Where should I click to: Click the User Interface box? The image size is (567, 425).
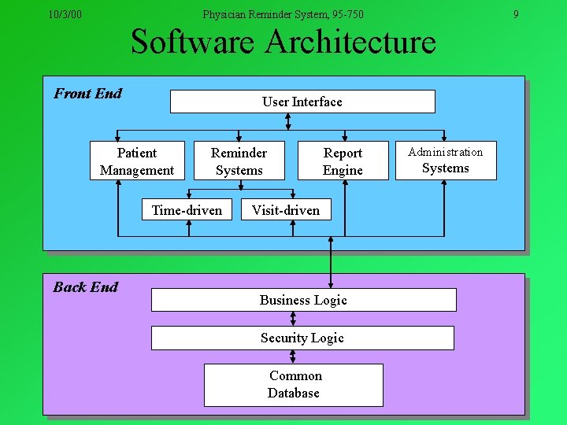pyautogui.click(x=302, y=102)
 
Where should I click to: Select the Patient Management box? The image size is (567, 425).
pyautogui.click(x=137, y=161)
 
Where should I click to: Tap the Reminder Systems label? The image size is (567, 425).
pyautogui.click(x=239, y=161)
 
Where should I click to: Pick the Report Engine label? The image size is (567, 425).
pyautogui.click(x=343, y=161)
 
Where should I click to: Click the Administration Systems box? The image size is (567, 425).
pyautogui.click(x=446, y=160)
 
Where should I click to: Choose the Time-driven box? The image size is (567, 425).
pyautogui.click(x=187, y=210)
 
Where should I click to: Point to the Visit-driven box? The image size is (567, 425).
pyautogui.click(x=286, y=210)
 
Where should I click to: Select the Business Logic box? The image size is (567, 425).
pyautogui.click(x=303, y=300)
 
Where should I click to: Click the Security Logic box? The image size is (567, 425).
pyautogui.click(x=302, y=338)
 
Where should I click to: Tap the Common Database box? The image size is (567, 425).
pyautogui.click(x=294, y=385)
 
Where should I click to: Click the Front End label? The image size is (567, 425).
pyautogui.click(x=87, y=94)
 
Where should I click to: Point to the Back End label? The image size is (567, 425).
pyautogui.click(x=85, y=287)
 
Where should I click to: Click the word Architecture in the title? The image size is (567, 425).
pyautogui.click(x=350, y=42)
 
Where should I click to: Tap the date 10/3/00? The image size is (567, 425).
pyautogui.click(x=65, y=14)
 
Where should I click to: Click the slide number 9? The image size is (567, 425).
pyautogui.click(x=516, y=14)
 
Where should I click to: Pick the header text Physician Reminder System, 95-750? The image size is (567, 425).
pyautogui.click(x=283, y=14)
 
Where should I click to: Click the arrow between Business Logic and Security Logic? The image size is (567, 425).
pyautogui.click(x=293, y=318)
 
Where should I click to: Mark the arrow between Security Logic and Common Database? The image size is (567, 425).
pyautogui.click(x=293, y=357)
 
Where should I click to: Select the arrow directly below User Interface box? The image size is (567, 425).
pyautogui.click(x=288, y=120)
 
